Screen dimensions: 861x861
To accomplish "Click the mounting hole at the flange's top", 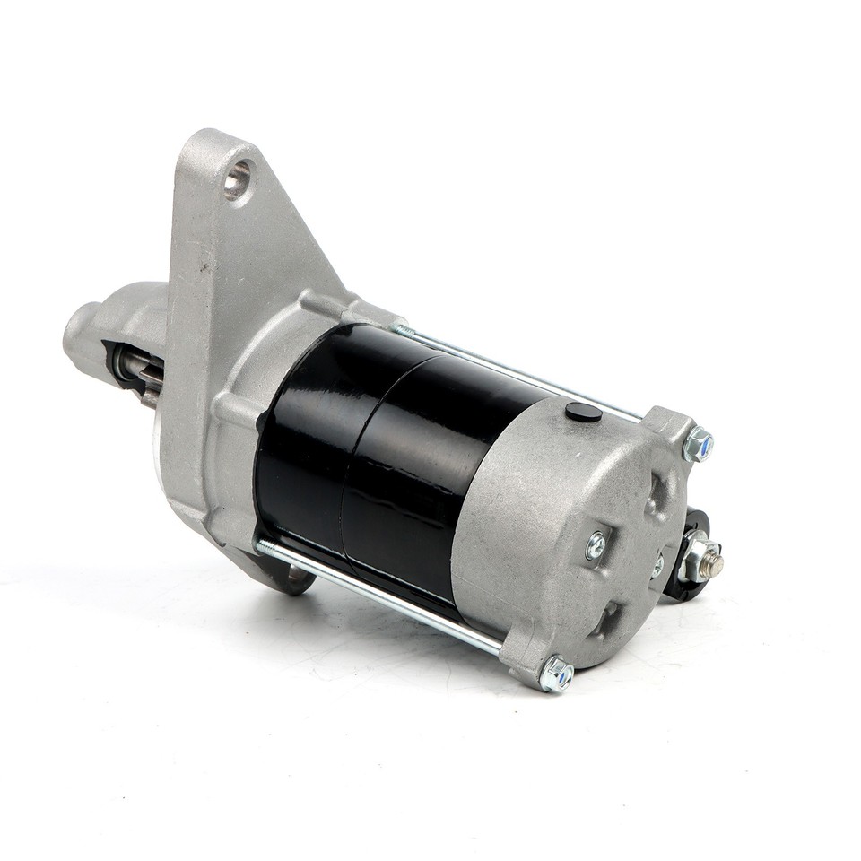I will pyautogui.click(x=237, y=180).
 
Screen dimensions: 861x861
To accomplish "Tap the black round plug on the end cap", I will pyautogui.click(x=584, y=412).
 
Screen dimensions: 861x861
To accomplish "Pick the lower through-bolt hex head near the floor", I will pyautogui.click(x=556, y=674).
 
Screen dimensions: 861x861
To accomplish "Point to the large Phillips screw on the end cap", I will pyautogui.click(x=596, y=544).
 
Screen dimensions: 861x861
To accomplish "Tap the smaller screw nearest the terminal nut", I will pyautogui.click(x=657, y=565).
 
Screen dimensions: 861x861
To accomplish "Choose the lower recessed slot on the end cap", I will pyautogui.click(x=609, y=619).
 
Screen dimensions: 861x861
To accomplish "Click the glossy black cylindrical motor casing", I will pyautogui.click(x=404, y=448).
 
